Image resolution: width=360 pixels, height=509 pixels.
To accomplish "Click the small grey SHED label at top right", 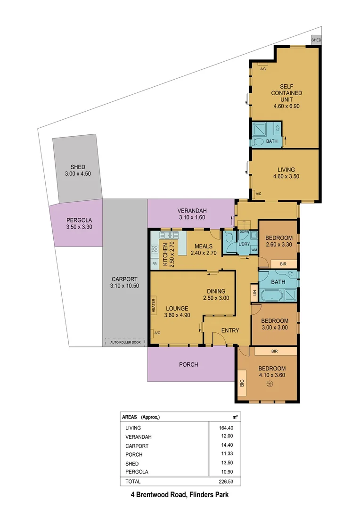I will point(316,40).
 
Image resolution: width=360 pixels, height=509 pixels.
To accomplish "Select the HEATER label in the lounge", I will point(154,305).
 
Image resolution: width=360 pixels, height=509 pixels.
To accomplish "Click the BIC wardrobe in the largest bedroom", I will point(242,384).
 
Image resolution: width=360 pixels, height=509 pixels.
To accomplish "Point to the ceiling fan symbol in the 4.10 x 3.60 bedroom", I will point(270,384).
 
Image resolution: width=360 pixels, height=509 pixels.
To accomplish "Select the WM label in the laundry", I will point(254,250).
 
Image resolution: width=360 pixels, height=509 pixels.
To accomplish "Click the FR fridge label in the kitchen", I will point(154,263).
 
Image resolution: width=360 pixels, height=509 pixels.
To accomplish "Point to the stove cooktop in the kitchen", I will point(154,250).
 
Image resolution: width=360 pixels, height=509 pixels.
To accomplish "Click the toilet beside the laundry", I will point(229,238).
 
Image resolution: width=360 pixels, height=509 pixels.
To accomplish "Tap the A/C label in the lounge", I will point(156,333).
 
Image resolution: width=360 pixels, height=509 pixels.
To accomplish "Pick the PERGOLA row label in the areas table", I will point(137,471).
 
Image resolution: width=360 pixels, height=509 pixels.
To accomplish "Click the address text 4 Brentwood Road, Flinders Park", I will point(180,495).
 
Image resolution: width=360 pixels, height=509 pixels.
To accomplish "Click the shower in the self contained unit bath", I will point(260,129).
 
